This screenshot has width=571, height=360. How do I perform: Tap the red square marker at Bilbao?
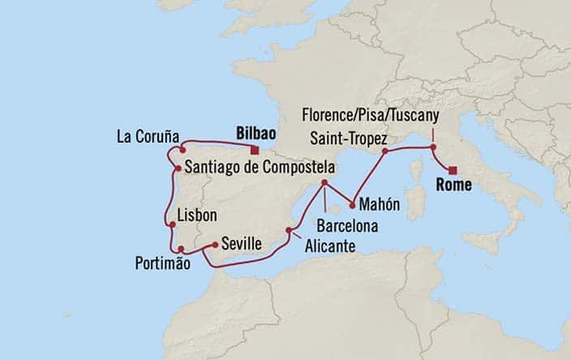click(255, 150)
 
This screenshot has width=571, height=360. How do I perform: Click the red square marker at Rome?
click(453, 170)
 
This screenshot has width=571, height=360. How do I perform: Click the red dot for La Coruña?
click(182, 150)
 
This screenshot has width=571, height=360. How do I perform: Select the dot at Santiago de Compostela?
click(178, 169)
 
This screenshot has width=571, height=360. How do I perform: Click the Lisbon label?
click(198, 216)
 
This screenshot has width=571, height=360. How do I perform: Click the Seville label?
click(239, 242)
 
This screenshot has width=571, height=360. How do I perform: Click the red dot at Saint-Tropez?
click(386, 151)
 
